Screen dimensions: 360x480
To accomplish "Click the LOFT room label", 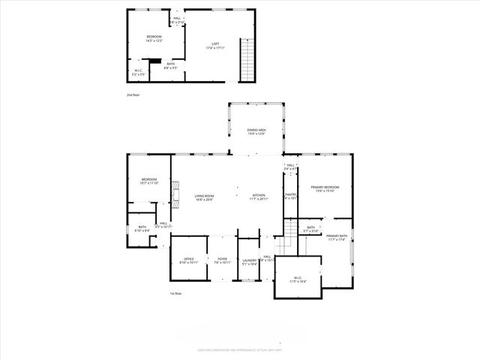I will click(x=216, y=44).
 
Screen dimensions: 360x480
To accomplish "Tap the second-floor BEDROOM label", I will click(x=153, y=37).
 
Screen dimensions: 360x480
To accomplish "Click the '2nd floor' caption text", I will click(x=133, y=95).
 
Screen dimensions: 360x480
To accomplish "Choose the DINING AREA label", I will click(x=256, y=130).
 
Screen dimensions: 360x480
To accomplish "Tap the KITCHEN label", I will click(x=259, y=196).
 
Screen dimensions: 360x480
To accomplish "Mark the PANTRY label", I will click(x=291, y=194).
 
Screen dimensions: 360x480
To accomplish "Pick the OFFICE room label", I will click(x=187, y=259).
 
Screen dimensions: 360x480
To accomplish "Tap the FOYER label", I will click(x=221, y=259).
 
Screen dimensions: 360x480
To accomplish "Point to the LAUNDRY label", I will click(x=250, y=260).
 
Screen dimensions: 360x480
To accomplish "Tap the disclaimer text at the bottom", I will click(x=239, y=349).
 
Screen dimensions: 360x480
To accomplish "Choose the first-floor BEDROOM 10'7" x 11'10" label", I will click(x=149, y=179).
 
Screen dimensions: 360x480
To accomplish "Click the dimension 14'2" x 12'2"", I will click(x=153, y=40).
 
